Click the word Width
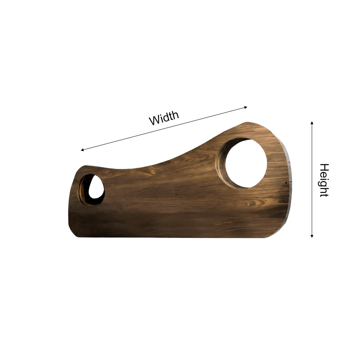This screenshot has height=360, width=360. [164, 118]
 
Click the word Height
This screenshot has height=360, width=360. [324, 180]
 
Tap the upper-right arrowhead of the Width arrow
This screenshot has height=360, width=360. [246, 107]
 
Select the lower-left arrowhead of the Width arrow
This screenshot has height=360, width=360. [82, 150]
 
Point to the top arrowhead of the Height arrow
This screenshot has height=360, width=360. [312, 123]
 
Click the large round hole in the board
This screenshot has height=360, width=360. [246, 163]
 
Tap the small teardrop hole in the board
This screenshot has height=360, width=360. [96, 187]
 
